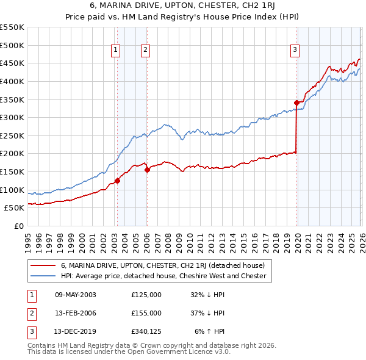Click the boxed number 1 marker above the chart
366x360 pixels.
pyautogui.click(x=116, y=51)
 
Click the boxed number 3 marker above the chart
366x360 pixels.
pyautogui.click(x=295, y=51)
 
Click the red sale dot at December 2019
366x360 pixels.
pyautogui.click(x=296, y=103)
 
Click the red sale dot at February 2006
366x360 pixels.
pyautogui.click(x=147, y=170)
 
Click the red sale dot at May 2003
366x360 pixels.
pyautogui.click(x=117, y=181)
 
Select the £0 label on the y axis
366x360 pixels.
pyautogui.click(x=18, y=226)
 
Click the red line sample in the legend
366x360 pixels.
pyautogui.click(x=43, y=265)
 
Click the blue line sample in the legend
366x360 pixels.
pyautogui.click(x=43, y=276)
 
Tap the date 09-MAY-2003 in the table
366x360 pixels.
pyautogui.click(x=75, y=295)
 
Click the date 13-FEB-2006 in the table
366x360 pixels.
pyautogui.click(x=75, y=314)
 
